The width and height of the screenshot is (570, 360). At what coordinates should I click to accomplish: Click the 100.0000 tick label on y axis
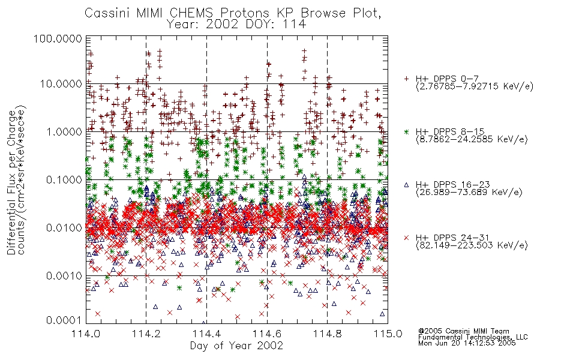click(x=58, y=38)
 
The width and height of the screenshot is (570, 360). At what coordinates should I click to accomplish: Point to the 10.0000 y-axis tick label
click(x=61, y=84)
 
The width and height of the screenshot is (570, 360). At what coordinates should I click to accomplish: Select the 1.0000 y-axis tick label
click(x=64, y=131)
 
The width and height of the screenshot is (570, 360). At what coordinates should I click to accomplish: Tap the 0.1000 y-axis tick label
click(x=64, y=179)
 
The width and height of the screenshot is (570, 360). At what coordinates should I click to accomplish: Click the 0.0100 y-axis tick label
click(x=64, y=228)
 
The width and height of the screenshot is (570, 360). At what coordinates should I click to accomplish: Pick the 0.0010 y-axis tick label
click(x=64, y=276)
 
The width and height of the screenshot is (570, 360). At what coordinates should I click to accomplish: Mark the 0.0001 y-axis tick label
click(x=64, y=320)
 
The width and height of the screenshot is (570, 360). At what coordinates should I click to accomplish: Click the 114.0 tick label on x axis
click(x=86, y=334)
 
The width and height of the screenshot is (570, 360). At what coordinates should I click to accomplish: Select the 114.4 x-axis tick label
click(x=206, y=334)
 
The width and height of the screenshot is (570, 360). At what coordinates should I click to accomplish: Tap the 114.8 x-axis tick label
click(x=327, y=334)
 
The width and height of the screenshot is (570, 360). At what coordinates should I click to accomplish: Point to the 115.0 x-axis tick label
click(x=388, y=334)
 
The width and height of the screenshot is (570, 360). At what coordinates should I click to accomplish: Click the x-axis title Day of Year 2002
click(x=236, y=346)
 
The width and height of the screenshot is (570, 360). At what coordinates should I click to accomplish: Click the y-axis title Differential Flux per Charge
click(x=11, y=182)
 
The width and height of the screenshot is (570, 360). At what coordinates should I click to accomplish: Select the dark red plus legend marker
click(x=406, y=79)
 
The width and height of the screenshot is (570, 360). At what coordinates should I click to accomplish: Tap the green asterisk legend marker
click(x=406, y=131)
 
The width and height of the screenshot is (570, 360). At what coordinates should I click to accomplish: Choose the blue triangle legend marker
click(x=406, y=185)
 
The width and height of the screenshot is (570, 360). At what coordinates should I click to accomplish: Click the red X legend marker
click(x=406, y=238)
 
